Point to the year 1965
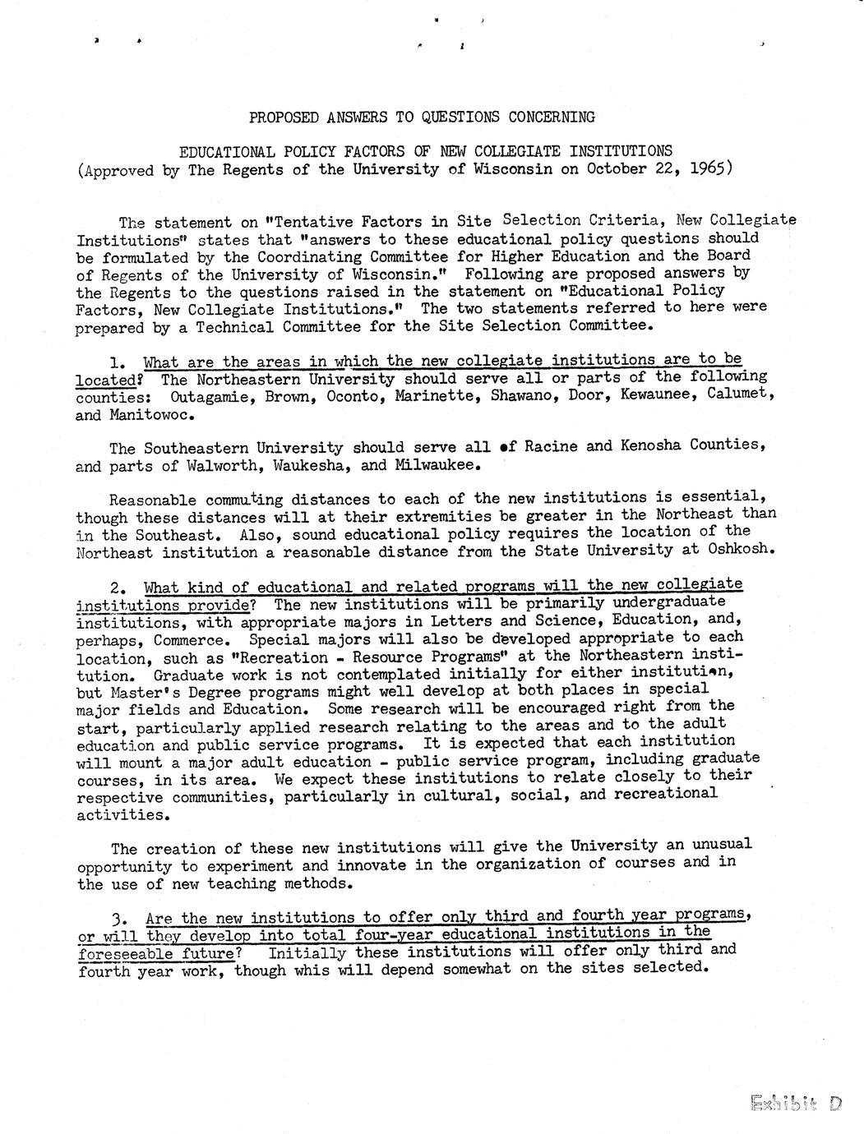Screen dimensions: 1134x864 (710, 168)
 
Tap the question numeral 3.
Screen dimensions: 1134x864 (116, 918)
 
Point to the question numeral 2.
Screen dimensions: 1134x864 (116, 588)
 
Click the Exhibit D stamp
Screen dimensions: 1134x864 (796, 1103)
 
